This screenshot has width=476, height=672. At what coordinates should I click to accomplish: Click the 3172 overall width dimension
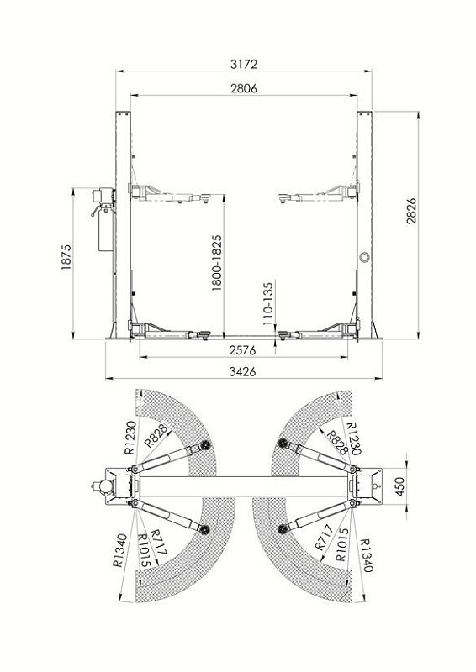click(x=243, y=65)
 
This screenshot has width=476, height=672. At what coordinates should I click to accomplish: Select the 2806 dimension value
click(x=243, y=88)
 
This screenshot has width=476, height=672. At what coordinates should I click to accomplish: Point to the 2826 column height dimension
click(x=411, y=211)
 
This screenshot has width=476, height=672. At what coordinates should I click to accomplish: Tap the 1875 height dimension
click(x=66, y=257)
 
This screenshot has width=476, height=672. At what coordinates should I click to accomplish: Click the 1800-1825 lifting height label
click(x=217, y=263)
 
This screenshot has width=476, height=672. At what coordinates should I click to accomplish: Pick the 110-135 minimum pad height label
click(x=268, y=303)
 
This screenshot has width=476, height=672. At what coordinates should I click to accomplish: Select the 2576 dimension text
click(x=242, y=350)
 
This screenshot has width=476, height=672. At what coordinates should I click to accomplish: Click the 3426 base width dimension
click(x=242, y=371)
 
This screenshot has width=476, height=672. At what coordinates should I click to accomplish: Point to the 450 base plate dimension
click(x=399, y=487)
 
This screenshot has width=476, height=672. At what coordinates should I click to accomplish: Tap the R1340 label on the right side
click(x=366, y=555)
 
